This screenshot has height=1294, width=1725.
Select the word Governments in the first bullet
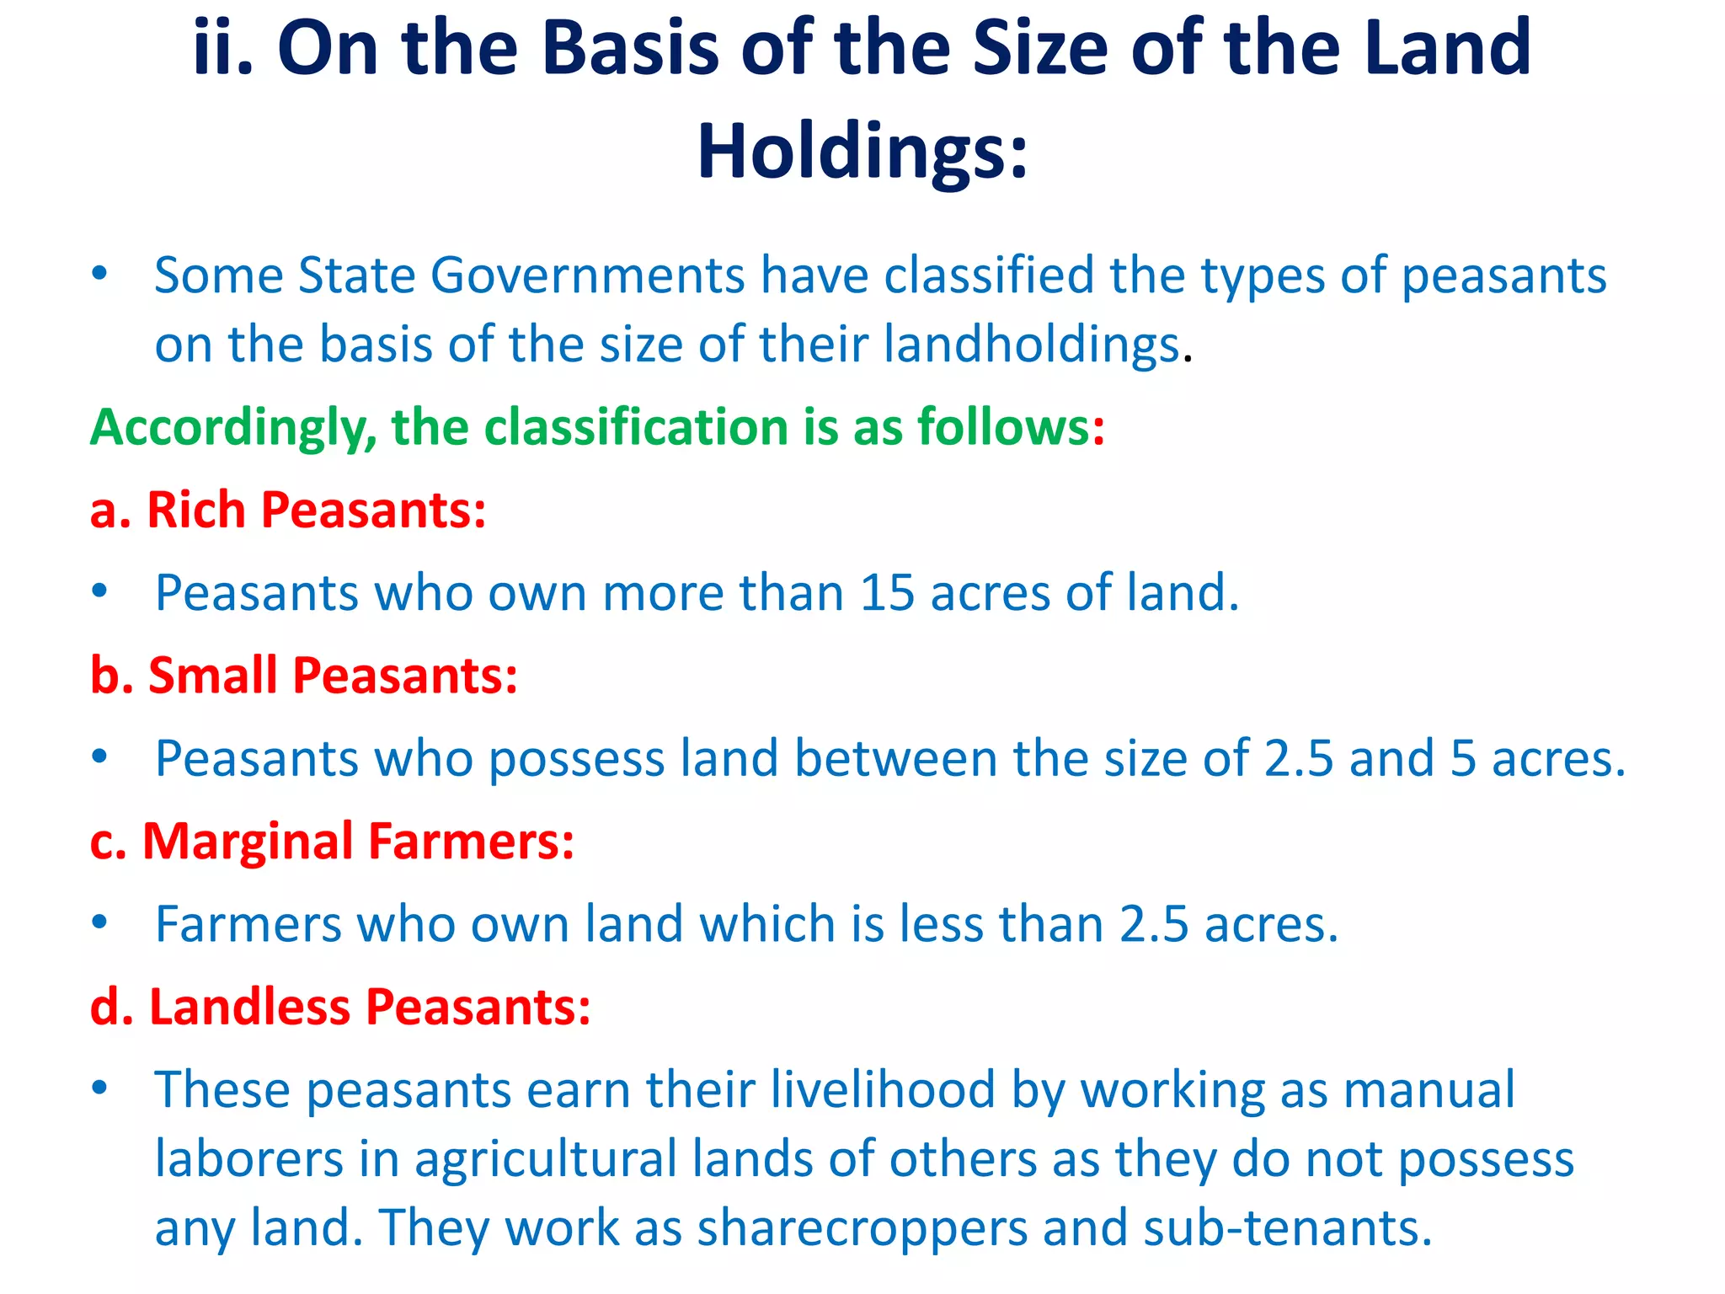pyautogui.click(x=588, y=275)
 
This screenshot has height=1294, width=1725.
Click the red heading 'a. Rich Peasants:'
pyautogui.click(x=288, y=511)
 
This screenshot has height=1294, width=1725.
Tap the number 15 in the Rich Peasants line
pyautogui.click(x=886, y=593)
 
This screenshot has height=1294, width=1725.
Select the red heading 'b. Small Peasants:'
pyautogui.click(x=303, y=676)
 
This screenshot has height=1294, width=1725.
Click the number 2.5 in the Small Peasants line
pyautogui.click(x=1299, y=758)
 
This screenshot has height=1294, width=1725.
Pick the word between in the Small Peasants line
pyautogui.click(x=895, y=758)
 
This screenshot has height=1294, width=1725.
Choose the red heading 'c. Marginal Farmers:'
pyautogui.click(x=332, y=842)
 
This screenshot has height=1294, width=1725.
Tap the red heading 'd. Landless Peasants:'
pyautogui.click(x=340, y=1007)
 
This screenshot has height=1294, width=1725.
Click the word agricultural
pyautogui.click(x=545, y=1159)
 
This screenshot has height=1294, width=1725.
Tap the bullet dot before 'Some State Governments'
pyautogui.click(x=100, y=273)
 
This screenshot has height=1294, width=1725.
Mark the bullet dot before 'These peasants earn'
pyautogui.click(x=100, y=1088)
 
